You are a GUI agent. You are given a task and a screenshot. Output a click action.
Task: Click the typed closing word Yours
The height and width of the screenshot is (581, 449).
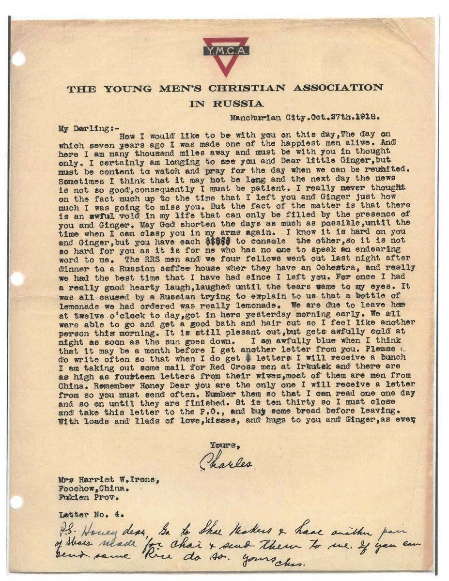pos(225,444)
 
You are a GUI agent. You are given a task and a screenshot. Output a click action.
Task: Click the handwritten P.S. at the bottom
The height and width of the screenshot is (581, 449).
pos(68,527)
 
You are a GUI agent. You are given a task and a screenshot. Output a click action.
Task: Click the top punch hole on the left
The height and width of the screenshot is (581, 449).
pos(18,59)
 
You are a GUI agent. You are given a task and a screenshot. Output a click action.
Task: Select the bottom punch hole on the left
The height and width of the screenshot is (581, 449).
pos(16,502)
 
